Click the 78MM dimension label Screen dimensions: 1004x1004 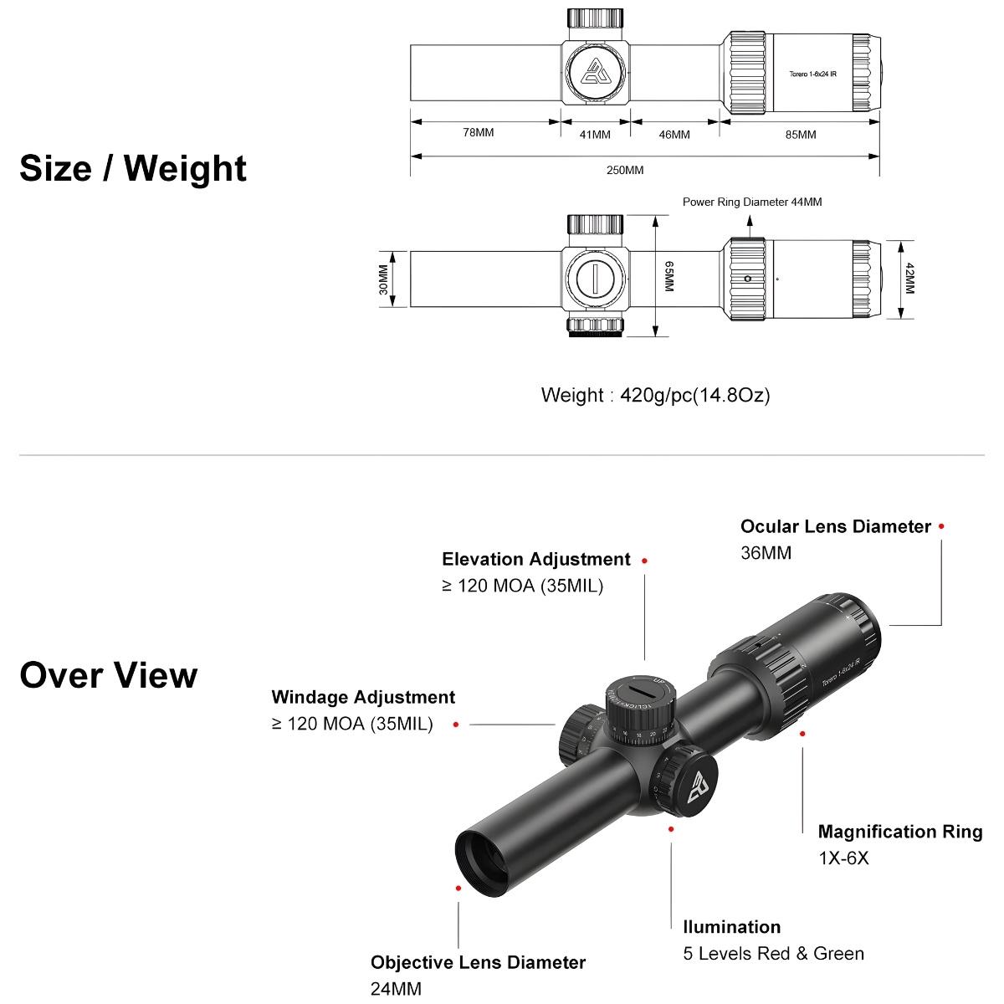point(479,133)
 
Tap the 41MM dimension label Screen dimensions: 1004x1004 point(594,135)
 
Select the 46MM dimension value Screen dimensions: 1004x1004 point(674,135)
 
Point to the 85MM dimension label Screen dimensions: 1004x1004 point(801,135)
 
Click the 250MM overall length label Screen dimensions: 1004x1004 point(625,170)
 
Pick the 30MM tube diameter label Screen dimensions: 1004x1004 point(383,279)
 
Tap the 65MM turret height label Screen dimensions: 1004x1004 point(668,276)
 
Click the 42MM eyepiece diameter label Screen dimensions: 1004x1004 point(910,279)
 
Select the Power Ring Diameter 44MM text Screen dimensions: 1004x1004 point(751,202)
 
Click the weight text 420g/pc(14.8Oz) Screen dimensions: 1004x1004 point(655,395)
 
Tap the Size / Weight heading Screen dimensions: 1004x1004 point(133,168)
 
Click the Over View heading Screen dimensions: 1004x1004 point(109,675)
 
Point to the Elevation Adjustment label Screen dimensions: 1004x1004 point(535,559)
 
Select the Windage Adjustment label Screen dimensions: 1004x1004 point(363,697)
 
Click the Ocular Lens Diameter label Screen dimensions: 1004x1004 point(835,526)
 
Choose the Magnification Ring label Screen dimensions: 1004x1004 point(899,832)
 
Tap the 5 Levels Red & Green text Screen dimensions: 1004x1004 point(773,953)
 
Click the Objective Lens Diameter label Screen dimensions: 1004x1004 point(478,962)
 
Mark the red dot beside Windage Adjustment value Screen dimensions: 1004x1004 point(456,725)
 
